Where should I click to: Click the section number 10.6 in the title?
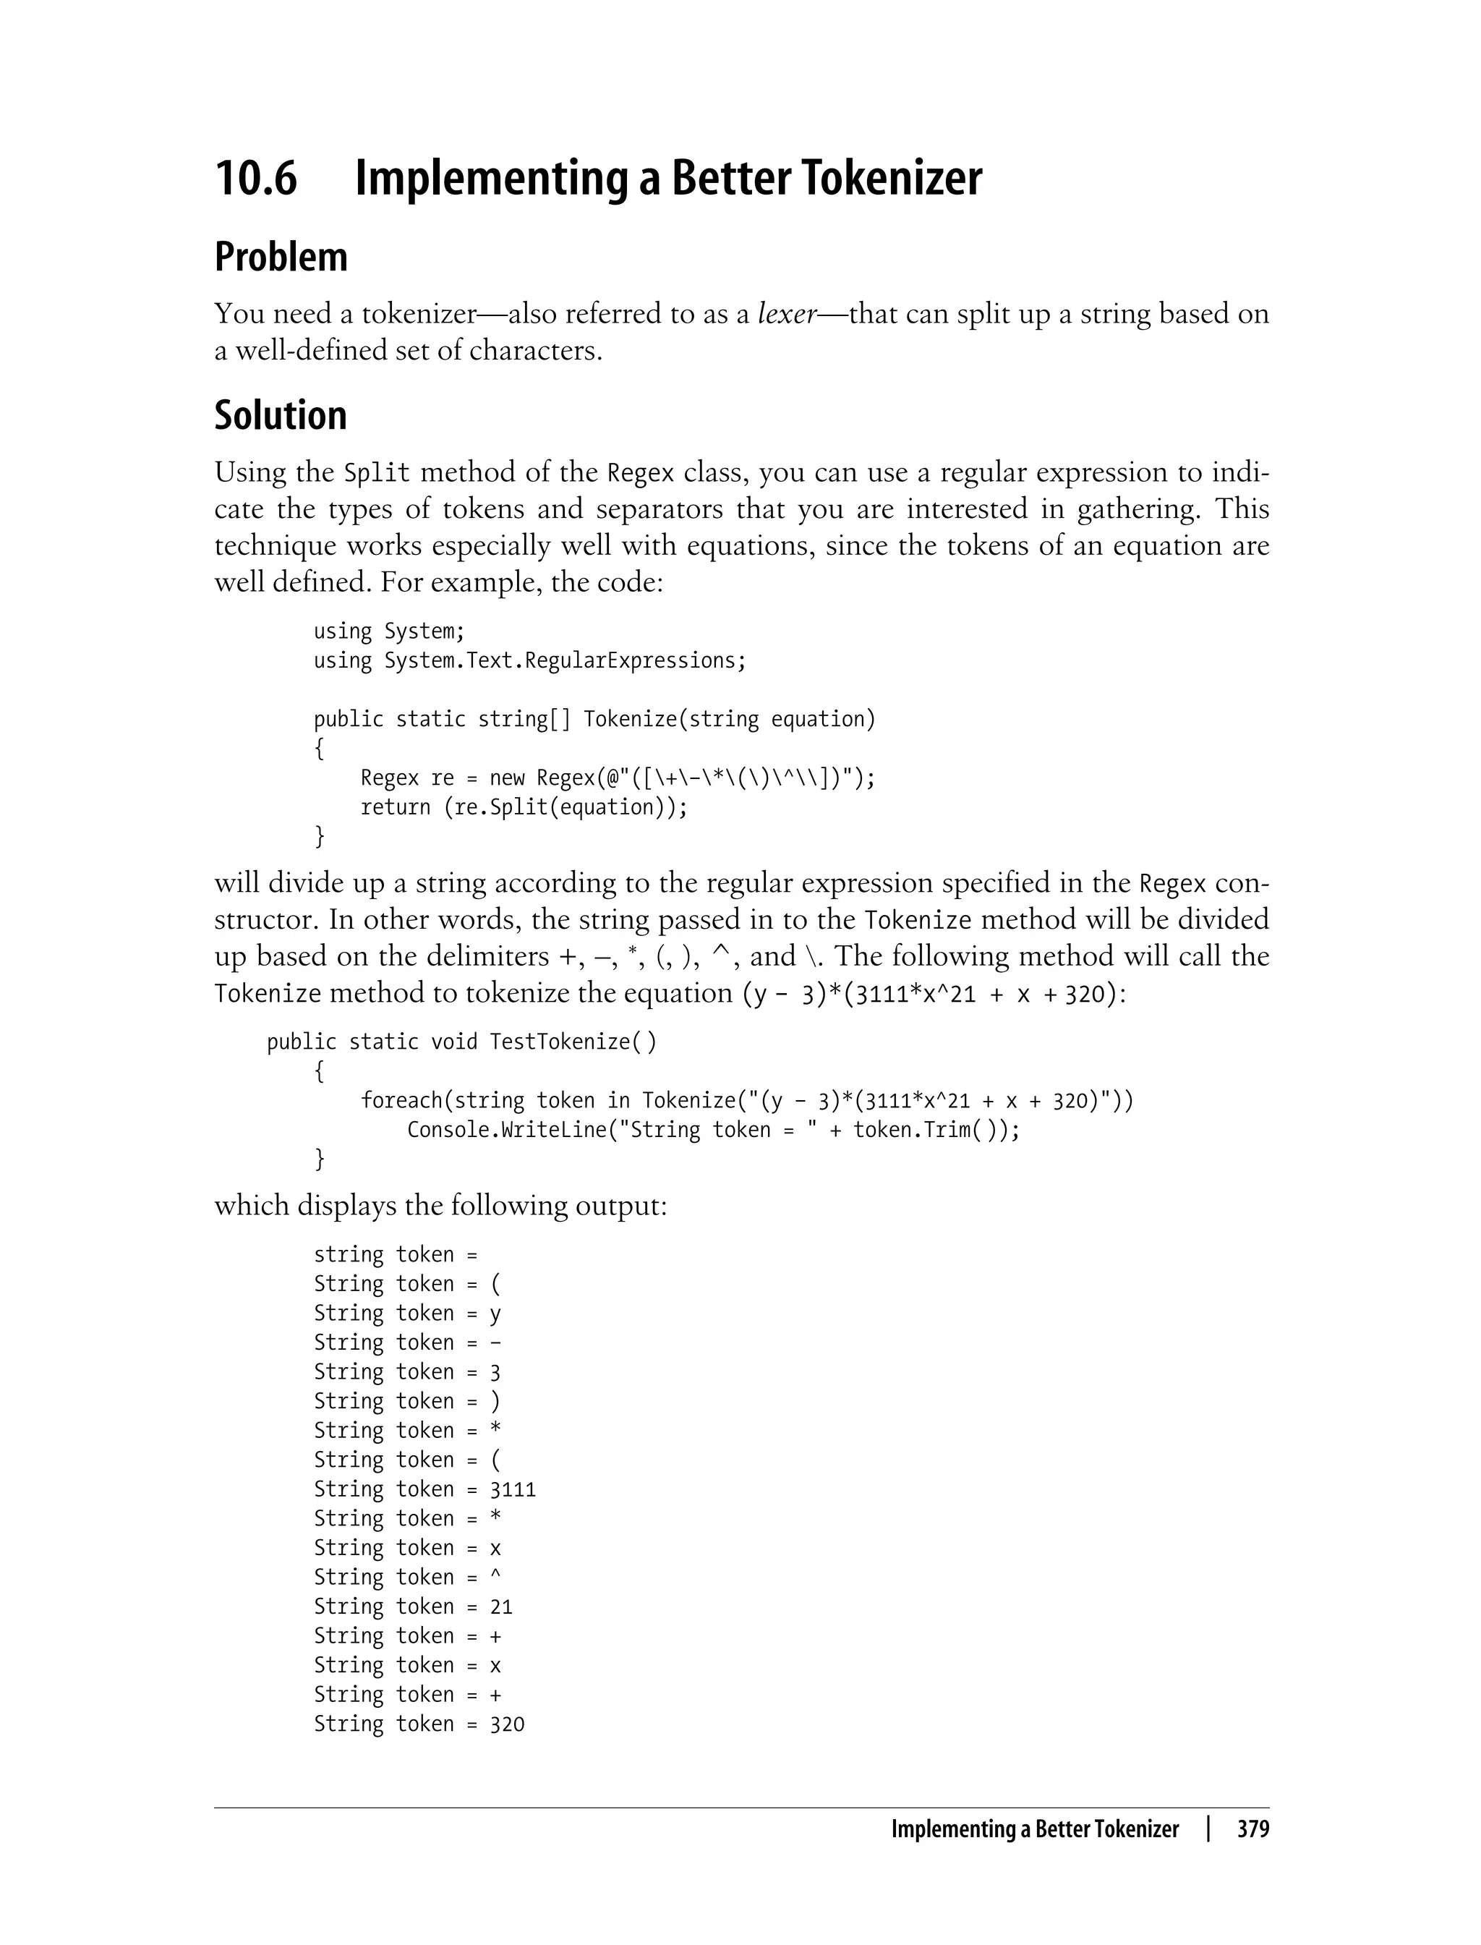coord(256,178)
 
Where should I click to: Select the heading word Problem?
coord(281,258)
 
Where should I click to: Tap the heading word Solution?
coord(281,415)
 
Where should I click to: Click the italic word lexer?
coord(788,314)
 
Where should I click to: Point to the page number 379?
coord(1252,1829)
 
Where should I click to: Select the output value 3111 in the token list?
coord(512,1489)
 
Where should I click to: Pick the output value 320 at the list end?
coord(507,1724)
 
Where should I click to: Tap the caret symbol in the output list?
coord(495,1576)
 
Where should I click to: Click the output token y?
coord(495,1314)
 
